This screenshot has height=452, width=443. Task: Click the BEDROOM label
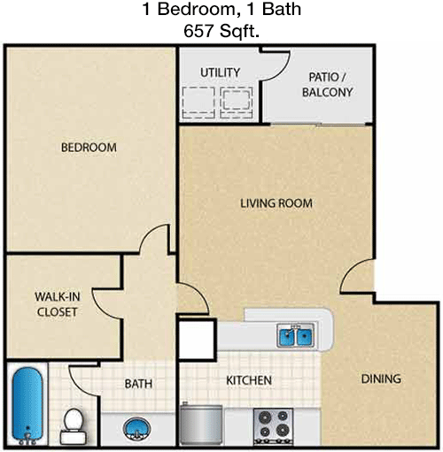(x=89, y=148)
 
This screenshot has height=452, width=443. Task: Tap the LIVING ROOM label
(x=276, y=203)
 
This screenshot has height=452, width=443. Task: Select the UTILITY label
(x=220, y=73)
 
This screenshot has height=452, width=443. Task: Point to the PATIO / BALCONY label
(x=327, y=85)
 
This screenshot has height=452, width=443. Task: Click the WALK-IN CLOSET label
(x=58, y=304)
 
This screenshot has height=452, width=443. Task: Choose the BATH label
(x=138, y=384)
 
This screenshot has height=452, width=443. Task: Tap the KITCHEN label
(x=249, y=380)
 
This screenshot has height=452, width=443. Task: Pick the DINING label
(x=381, y=379)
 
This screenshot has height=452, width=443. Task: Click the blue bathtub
(x=27, y=405)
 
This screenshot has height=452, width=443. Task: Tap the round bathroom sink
(x=136, y=429)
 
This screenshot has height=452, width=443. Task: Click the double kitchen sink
(x=295, y=335)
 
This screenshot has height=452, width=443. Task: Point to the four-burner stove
(x=273, y=426)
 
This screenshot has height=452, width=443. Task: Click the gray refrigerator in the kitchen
(x=201, y=425)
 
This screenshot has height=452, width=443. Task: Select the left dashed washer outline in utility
(x=198, y=103)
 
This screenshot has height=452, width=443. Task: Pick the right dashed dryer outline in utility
(x=236, y=103)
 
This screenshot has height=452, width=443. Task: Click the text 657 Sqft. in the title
(x=221, y=31)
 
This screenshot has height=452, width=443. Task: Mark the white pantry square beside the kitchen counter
(x=197, y=340)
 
